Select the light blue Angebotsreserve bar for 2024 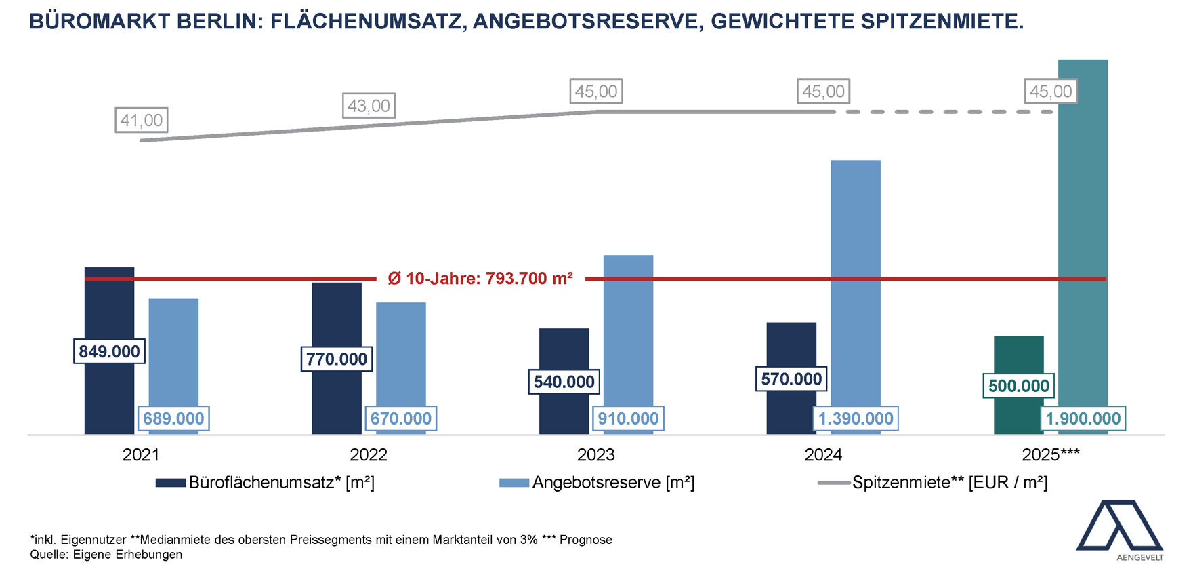(856, 285)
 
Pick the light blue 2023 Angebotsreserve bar (628, 332)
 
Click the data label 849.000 (109, 351)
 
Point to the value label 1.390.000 (856, 418)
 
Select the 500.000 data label (1018, 386)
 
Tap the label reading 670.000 (401, 418)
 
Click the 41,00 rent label (142, 120)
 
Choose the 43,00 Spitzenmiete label (369, 106)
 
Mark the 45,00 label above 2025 (1051, 91)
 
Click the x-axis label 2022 (369, 454)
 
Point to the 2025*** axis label (1051, 454)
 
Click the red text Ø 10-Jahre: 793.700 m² (480, 279)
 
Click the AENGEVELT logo (1119, 530)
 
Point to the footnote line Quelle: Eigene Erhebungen (106, 554)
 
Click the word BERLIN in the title (219, 21)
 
